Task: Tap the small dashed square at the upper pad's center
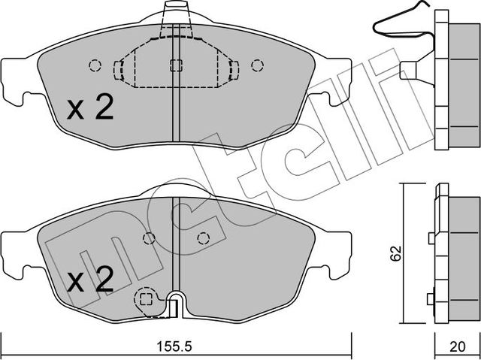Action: click(175, 65)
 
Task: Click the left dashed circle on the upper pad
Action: click(94, 65)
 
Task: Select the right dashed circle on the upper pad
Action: click(257, 65)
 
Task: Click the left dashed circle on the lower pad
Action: click(149, 238)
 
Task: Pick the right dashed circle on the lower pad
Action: click(201, 238)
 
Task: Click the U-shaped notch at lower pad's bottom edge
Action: click(175, 307)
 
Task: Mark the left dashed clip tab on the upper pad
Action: click(118, 70)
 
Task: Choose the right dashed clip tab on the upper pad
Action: click(233, 70)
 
